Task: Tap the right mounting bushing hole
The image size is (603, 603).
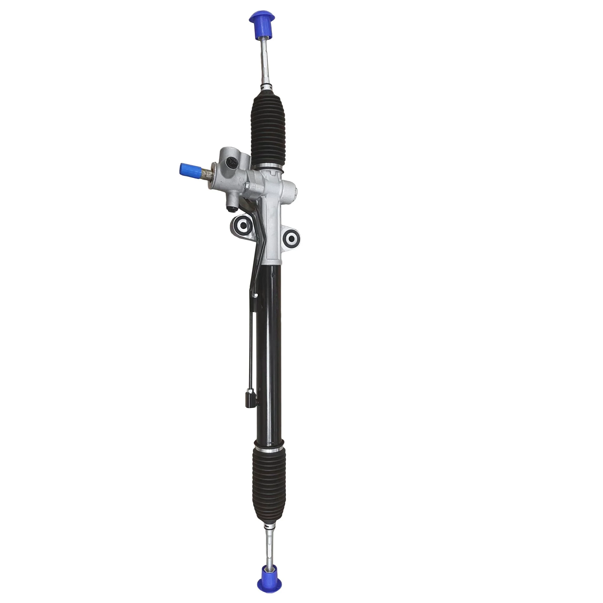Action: tap(292, 239)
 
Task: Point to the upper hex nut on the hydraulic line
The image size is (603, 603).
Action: tap(254, 295)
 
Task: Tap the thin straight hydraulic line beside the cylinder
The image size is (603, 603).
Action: tap(251, 343)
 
